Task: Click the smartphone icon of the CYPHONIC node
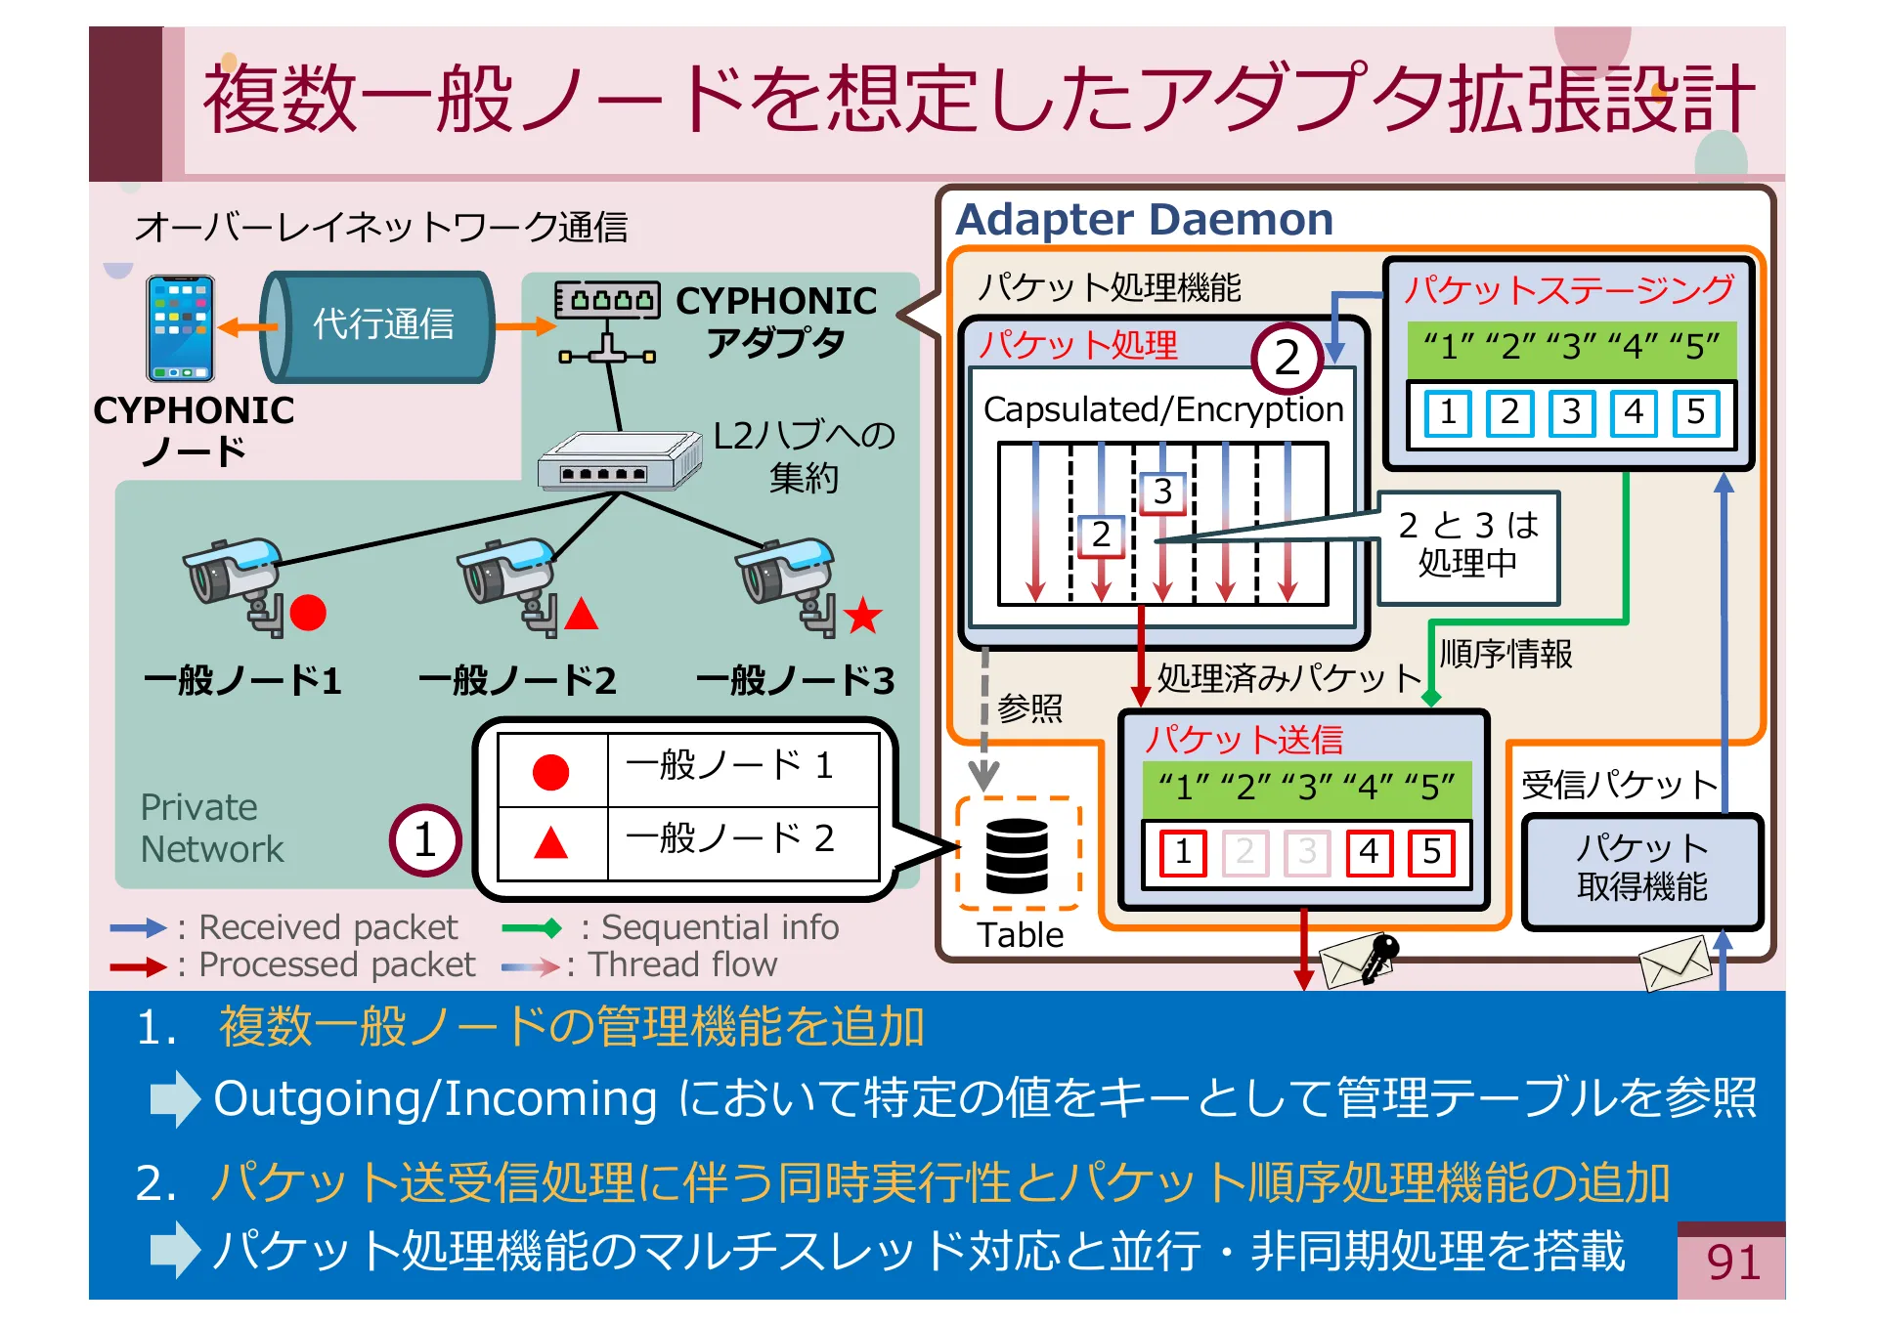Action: click(180, 328)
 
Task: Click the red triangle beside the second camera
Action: click(581, 614)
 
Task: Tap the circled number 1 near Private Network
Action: click(424, 839)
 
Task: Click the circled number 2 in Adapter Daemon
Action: click(1287, 358)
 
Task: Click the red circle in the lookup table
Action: click(550, 771)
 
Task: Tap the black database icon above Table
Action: click(1017, 855)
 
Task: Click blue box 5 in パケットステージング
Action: click(1695, 412)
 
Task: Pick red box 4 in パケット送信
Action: click(1369, 852)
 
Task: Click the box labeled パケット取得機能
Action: click(1641, 868)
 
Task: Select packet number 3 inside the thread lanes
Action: click(1161, 492)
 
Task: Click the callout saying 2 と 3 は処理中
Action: click(1467, 545)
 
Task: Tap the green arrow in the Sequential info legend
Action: click(532, 927)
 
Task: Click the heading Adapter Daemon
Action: click(1144, 220)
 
